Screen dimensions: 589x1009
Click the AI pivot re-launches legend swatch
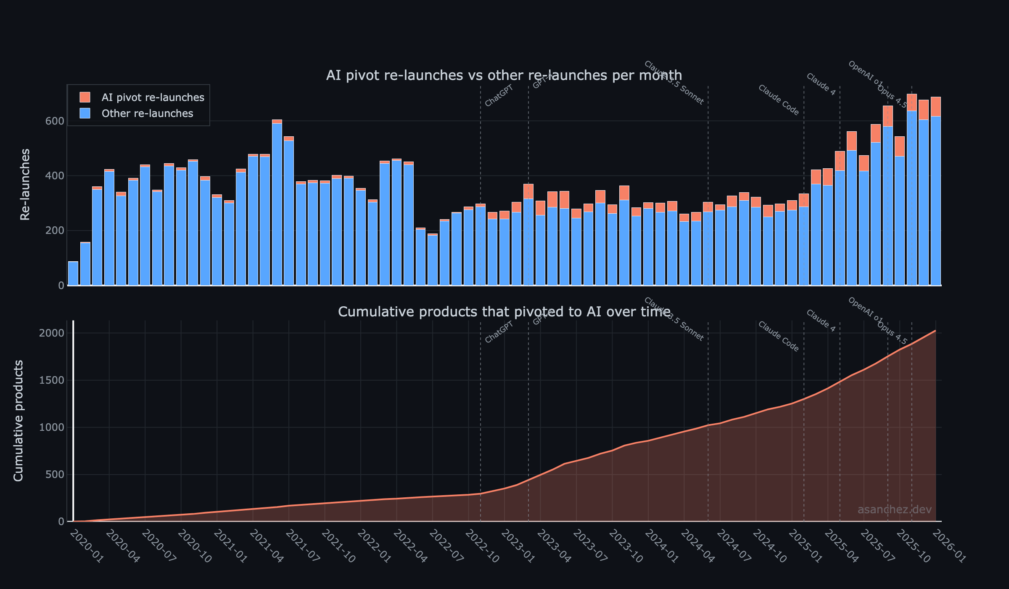85,97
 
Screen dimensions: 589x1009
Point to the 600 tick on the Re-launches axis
55,121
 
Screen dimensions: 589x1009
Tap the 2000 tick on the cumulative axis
52,333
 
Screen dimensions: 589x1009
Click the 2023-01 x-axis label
518,546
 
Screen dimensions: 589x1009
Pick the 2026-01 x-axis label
949,546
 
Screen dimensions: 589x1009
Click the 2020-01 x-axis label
86,546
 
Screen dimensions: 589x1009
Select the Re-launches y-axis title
25,184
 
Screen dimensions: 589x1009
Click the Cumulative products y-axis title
18,421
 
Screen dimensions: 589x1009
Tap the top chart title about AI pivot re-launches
504,75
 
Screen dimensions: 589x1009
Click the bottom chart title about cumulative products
504,312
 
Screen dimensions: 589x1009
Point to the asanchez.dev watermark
894,509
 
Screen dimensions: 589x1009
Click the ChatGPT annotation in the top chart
499,96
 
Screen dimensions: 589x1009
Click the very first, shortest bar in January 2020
73,273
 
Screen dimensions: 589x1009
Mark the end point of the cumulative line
935,331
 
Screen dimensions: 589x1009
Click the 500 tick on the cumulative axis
55,475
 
